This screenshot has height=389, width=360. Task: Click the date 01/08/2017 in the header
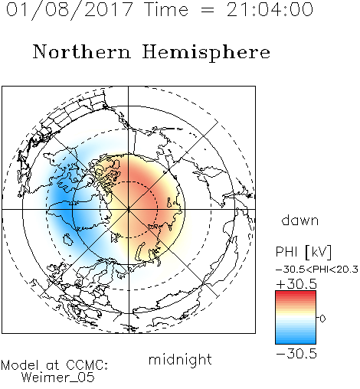[69, 10]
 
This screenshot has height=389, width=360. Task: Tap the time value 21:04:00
[270, 9]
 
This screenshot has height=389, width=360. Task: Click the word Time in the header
[166, 9]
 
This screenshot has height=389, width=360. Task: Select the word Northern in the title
[82, 51]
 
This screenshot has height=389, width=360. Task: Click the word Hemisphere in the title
[206, 53]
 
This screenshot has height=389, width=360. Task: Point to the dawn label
[300, 220]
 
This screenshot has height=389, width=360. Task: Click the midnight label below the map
[180, 359]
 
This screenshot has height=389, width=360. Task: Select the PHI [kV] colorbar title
[304, 252]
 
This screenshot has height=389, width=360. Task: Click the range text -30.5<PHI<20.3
[317, 270]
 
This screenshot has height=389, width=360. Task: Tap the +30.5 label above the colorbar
[296, 284]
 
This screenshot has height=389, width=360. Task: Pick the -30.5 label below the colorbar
[296, 354]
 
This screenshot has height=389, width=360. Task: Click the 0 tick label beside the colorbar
[322, 319]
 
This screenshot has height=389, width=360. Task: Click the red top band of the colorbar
[296, 294]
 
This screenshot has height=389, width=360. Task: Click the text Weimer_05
[58, 378]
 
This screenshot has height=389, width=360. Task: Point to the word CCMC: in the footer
[87, 365]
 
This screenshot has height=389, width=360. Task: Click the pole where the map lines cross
[129, 209]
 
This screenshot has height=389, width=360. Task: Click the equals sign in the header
[207, 11]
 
